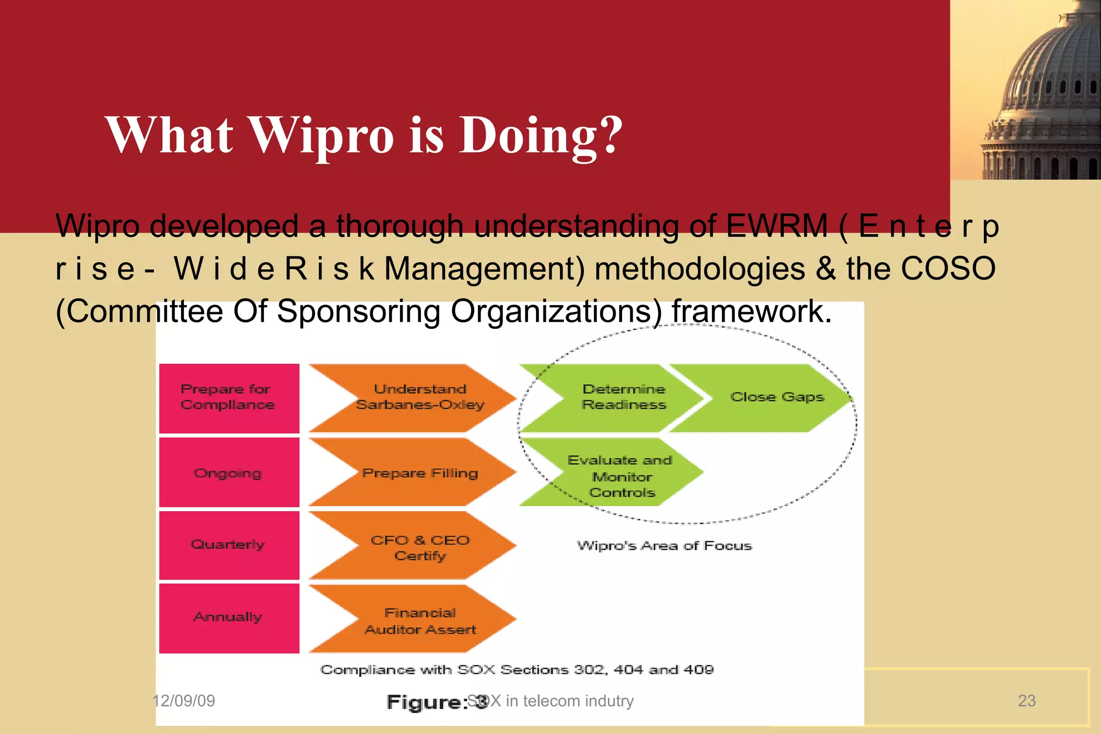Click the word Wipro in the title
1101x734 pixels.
pyautogui.click(x=322, y=135)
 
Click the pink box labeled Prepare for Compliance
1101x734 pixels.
pyautogui.click(x=229, y=398)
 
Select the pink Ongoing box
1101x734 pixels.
pyautogui.click(x=229, y=472)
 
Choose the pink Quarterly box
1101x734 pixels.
pyautogui.click(x=229, y=545)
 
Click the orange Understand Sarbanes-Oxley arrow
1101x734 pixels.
pyautogui.click(x=419, y=398)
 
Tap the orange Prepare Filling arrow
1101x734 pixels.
pyautogui.click(x=419, y=473)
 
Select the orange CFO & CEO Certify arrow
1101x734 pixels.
pyautogui.click(x=419, y=546)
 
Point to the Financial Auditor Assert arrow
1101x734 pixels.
pyautogui.click(x=419, y=620)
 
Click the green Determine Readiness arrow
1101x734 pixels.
pyautogui.click(x=624, y=398)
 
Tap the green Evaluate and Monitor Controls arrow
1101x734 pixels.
pyautogui.click(x=621, y=475)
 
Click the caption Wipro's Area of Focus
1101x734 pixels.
pyautogui.click(x=664, y=546)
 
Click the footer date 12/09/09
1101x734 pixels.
pyautogui.click(x=184, y=701)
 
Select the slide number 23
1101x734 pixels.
pyautogui.click(x=1026, y=701)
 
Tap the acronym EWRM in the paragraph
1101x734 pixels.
pyautogui.click(x=776, y=226)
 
